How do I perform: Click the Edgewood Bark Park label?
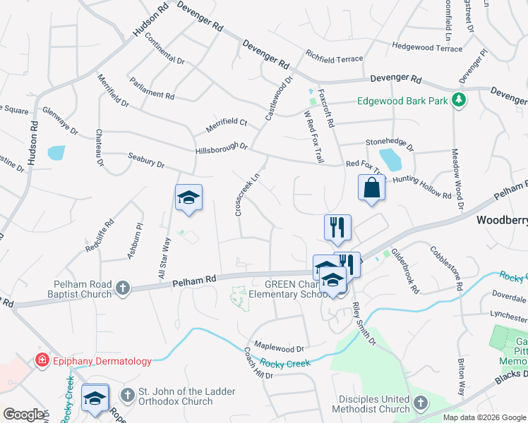[x=402, y=102]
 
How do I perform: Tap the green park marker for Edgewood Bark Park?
[x=460, y=100]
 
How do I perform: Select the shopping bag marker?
[x=371, y=189]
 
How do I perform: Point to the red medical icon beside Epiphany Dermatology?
[x=42, y=361]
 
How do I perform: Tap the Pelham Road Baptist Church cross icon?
[x=123, y=287]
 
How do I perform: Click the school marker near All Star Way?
[x=189, y=197]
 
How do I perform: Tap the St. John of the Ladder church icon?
[x=127, y=394]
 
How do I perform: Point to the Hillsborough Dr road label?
[x=222, y=148]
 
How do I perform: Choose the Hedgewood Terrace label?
[x=427, y=47]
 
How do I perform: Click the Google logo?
[x=23, y=415]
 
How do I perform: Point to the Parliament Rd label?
[x=152, y=89]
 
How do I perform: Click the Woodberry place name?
[x=502, y=220]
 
